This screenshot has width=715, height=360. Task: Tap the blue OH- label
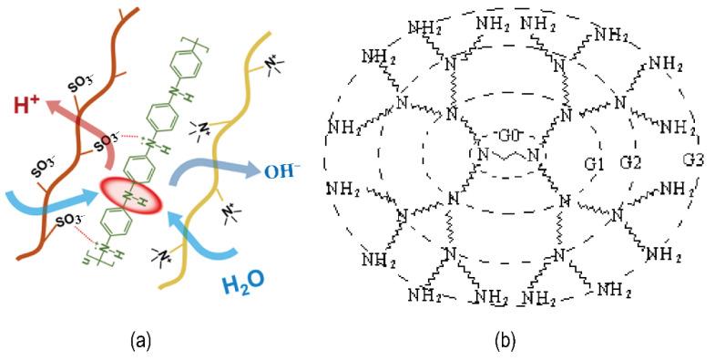click(279, 167)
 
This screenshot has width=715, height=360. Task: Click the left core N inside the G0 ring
click(484, 153)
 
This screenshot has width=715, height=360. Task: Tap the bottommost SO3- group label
click(69, 221)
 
